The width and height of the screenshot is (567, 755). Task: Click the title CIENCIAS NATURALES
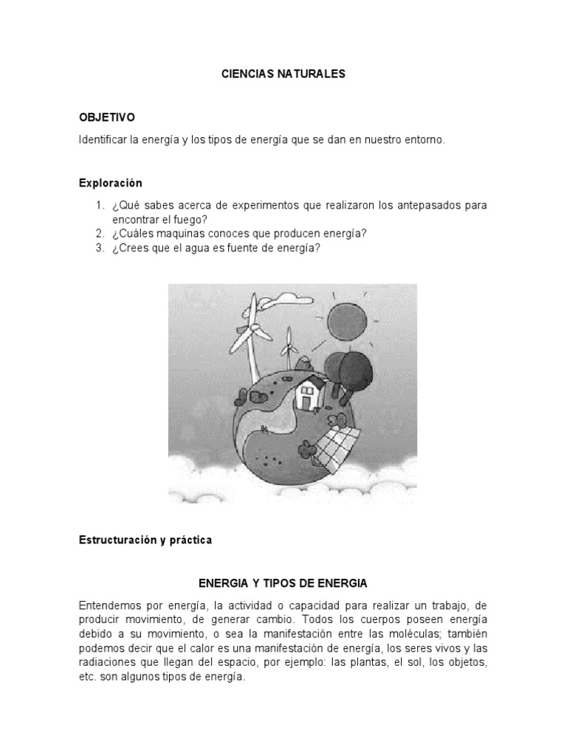pyautogui.click(x=283, y=74)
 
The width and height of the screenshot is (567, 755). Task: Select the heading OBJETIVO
pyautogui.click(x=107, y=117)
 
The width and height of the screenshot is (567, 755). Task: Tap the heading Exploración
pyautogui.click(x=110, y=182)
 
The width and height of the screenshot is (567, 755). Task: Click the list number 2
pyautogui.click(x=99, y=234)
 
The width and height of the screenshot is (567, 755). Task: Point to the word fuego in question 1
pyautogui.click(x=190, y=219)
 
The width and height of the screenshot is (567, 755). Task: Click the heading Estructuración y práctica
pyautogui.click(x=145, y=540)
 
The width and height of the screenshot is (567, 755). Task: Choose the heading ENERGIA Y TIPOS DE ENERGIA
pyautogui.click(x=283, y=583)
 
